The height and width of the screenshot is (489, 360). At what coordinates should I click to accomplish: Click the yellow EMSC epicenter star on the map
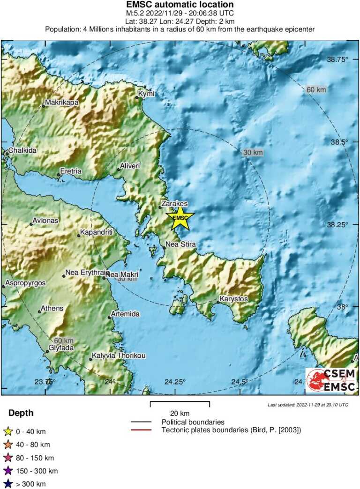click(x=180, y=218)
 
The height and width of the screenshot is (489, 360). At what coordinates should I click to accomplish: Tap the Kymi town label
click(x=146, y=94)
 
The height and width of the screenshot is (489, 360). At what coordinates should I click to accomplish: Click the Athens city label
click(x=52, y=308)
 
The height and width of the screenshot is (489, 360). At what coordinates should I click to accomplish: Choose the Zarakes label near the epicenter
click(x=174, y=204)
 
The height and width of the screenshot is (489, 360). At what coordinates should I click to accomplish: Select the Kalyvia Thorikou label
click(x=118, y=356)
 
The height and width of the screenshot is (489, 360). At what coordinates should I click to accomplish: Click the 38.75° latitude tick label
click(x=337, y=59)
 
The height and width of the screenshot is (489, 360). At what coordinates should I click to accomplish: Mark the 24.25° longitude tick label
click(x=175, y=382)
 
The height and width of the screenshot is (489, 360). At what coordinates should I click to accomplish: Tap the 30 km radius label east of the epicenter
click(x=253, y=153)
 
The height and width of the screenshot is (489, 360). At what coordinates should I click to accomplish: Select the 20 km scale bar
click(x=180, y=403)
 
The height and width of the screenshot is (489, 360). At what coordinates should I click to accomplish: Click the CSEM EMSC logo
click(x=331, y=379)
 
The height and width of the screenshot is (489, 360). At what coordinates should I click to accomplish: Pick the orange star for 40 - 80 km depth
click(x=7, y=445)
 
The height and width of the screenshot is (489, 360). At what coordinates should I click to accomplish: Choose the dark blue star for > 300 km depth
click(x=7, y=484)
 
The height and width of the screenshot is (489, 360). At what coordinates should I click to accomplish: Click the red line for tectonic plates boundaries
click(x=141, y=430)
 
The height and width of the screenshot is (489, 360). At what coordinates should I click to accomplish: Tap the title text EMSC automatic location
click(x=180, y=5)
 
